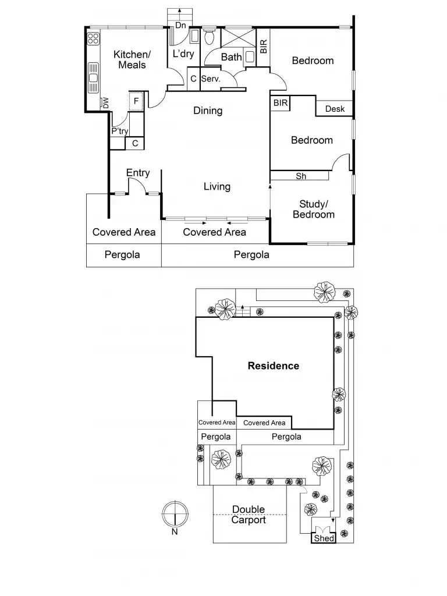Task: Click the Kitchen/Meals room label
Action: [x=132, y=59]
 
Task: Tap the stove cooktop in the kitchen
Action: [x=93, y=39]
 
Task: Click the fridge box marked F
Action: [x=136, y=101]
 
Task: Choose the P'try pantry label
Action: [x=119, y=132]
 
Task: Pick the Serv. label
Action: [x=211, y=79]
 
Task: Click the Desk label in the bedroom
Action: [x=335, y=109]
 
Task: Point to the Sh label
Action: [x=301, y=176]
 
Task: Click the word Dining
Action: [x=208, y=111]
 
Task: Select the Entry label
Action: [x=138, y=172]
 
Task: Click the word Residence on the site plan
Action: [x=274, y=366]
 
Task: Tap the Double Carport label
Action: [x=249, y=515]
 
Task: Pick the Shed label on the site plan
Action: [x=324, y=538]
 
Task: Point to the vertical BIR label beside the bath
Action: [x=264, y=47]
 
